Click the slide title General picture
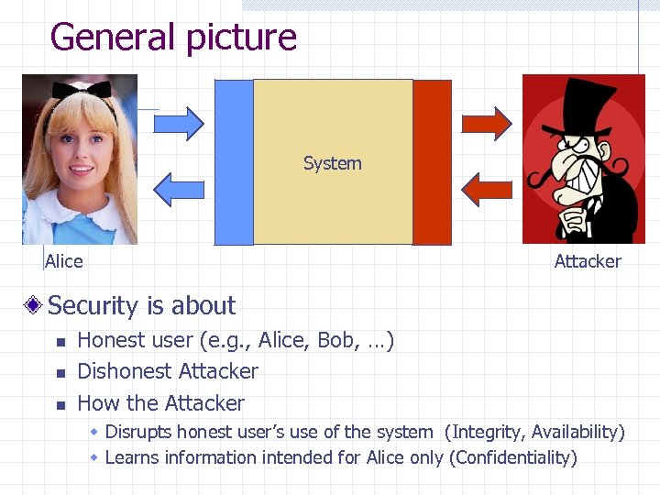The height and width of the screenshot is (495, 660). pos(173,38)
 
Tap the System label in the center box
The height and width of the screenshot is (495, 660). pos(332,164)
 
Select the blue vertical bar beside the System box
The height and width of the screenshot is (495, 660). pos(233,162)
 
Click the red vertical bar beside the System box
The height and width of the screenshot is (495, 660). pos(433,162)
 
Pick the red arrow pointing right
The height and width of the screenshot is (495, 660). pos(486,123)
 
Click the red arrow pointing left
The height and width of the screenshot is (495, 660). pos(485,187)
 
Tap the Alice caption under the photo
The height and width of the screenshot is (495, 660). pos(64,261)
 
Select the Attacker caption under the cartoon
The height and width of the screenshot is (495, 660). pos(588,261)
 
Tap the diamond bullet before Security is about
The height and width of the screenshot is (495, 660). pos(33,305)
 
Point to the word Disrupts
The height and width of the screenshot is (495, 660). pos(138,432)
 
